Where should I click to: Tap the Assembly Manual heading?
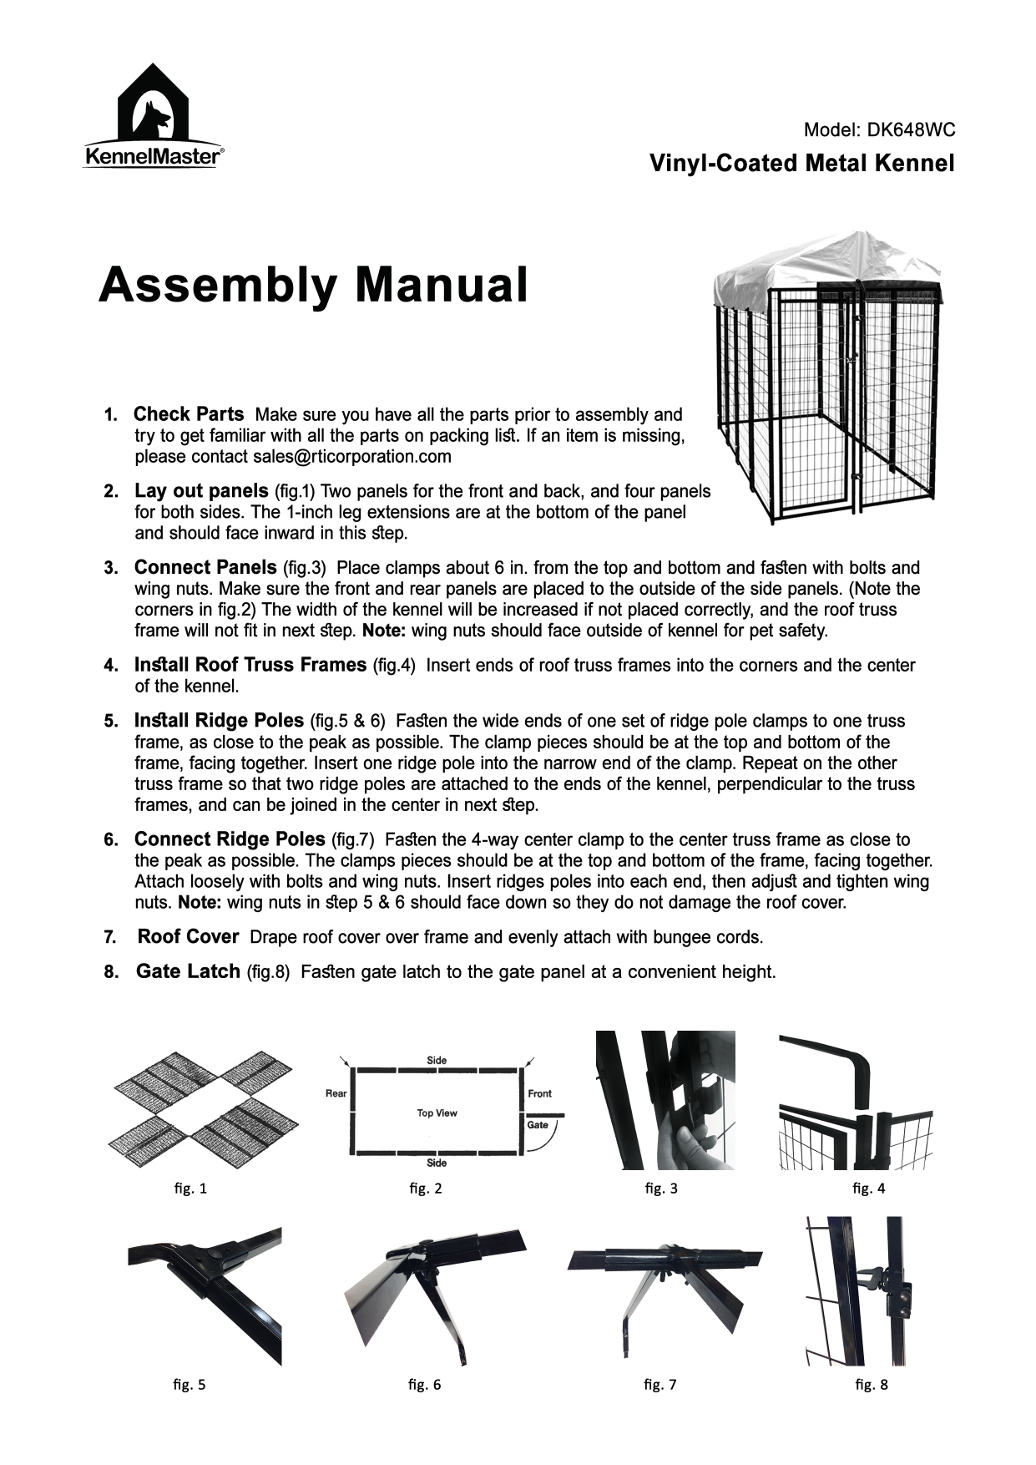(313, 286)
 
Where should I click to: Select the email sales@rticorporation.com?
(351, 457)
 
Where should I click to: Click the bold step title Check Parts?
(189, 414)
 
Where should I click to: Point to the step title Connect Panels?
(205, 568)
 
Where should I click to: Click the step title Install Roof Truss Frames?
(250, 665)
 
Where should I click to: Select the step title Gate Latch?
(188, 972)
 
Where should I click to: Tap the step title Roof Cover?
(188, 937)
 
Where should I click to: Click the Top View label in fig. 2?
(437, 1113)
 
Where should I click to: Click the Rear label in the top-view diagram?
(336, 1093)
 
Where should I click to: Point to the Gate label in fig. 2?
(538, 1125)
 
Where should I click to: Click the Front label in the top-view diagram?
(539, 1093)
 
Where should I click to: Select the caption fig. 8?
(872, 1385)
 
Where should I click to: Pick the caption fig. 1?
(190, 1189)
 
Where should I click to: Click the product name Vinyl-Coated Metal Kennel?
(801, 163)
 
